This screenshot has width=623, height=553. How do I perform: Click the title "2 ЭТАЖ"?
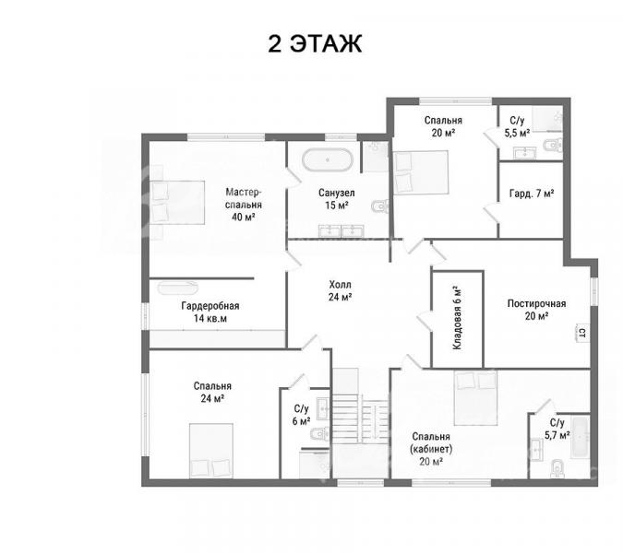pos(315,43)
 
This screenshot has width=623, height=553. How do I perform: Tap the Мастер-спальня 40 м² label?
pos(244,205)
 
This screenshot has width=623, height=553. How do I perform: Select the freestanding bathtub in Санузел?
pos(328,159)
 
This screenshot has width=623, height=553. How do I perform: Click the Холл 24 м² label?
pos(340,290)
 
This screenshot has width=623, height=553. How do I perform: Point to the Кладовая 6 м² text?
pos(458,318)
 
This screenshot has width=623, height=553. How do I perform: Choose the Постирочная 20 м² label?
pos(536,310)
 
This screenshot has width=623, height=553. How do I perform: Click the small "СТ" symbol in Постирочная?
pos(581,332)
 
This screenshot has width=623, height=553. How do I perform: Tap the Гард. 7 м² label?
pos(532,194)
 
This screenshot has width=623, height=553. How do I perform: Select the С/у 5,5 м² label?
pos(517,126)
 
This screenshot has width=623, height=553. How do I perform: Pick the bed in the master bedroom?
pos(177,203)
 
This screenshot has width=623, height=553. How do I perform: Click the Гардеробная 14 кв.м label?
pos(210,312)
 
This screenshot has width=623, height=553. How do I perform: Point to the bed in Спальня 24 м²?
pos(211,451)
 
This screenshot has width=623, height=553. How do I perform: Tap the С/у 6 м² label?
pos(301,415)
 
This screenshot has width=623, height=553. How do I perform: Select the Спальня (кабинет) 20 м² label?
pos(431,449)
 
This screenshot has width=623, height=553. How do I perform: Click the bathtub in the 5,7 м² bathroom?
pos(581,436)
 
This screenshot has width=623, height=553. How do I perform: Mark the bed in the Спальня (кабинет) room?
pos(476,397)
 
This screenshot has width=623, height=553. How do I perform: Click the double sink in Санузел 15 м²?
pos(341,231)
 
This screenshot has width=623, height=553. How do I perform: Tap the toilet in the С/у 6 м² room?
pos(320,433)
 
